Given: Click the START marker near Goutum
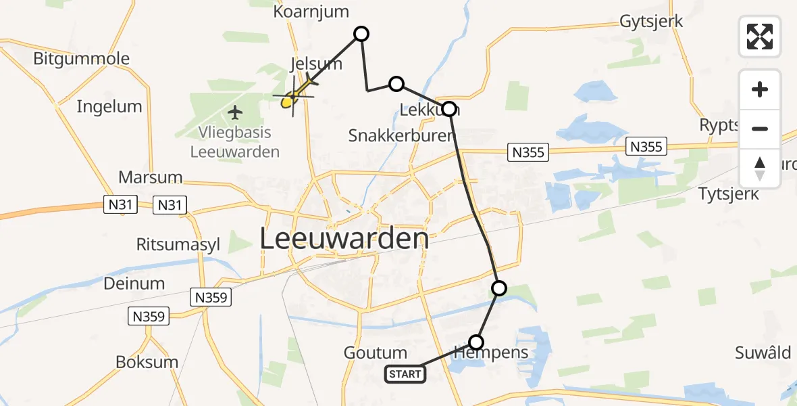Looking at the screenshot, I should [405, 374].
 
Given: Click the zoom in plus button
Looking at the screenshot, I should [760, 89].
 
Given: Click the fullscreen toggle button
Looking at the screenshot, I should [760, 37].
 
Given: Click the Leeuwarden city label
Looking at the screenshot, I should [344, 239].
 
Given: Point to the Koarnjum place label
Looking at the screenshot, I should [311, 12].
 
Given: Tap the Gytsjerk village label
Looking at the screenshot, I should [651, 21].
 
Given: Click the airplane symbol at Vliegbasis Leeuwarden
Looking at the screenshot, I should [234, 111].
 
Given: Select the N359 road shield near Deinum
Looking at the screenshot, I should [211, 296].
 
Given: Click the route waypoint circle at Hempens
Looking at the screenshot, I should [477, 342].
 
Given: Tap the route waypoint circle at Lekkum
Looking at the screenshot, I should [448, 108].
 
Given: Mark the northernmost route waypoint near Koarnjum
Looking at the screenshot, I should [362, 34].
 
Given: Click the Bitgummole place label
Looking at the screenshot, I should [81, 58].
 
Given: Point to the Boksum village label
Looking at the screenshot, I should [147, 362].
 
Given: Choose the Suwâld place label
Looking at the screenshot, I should [763, 353].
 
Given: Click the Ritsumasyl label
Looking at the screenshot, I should [178, 245].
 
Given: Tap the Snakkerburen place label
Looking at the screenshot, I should [402, 135].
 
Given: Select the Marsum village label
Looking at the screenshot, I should [150, 177].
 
